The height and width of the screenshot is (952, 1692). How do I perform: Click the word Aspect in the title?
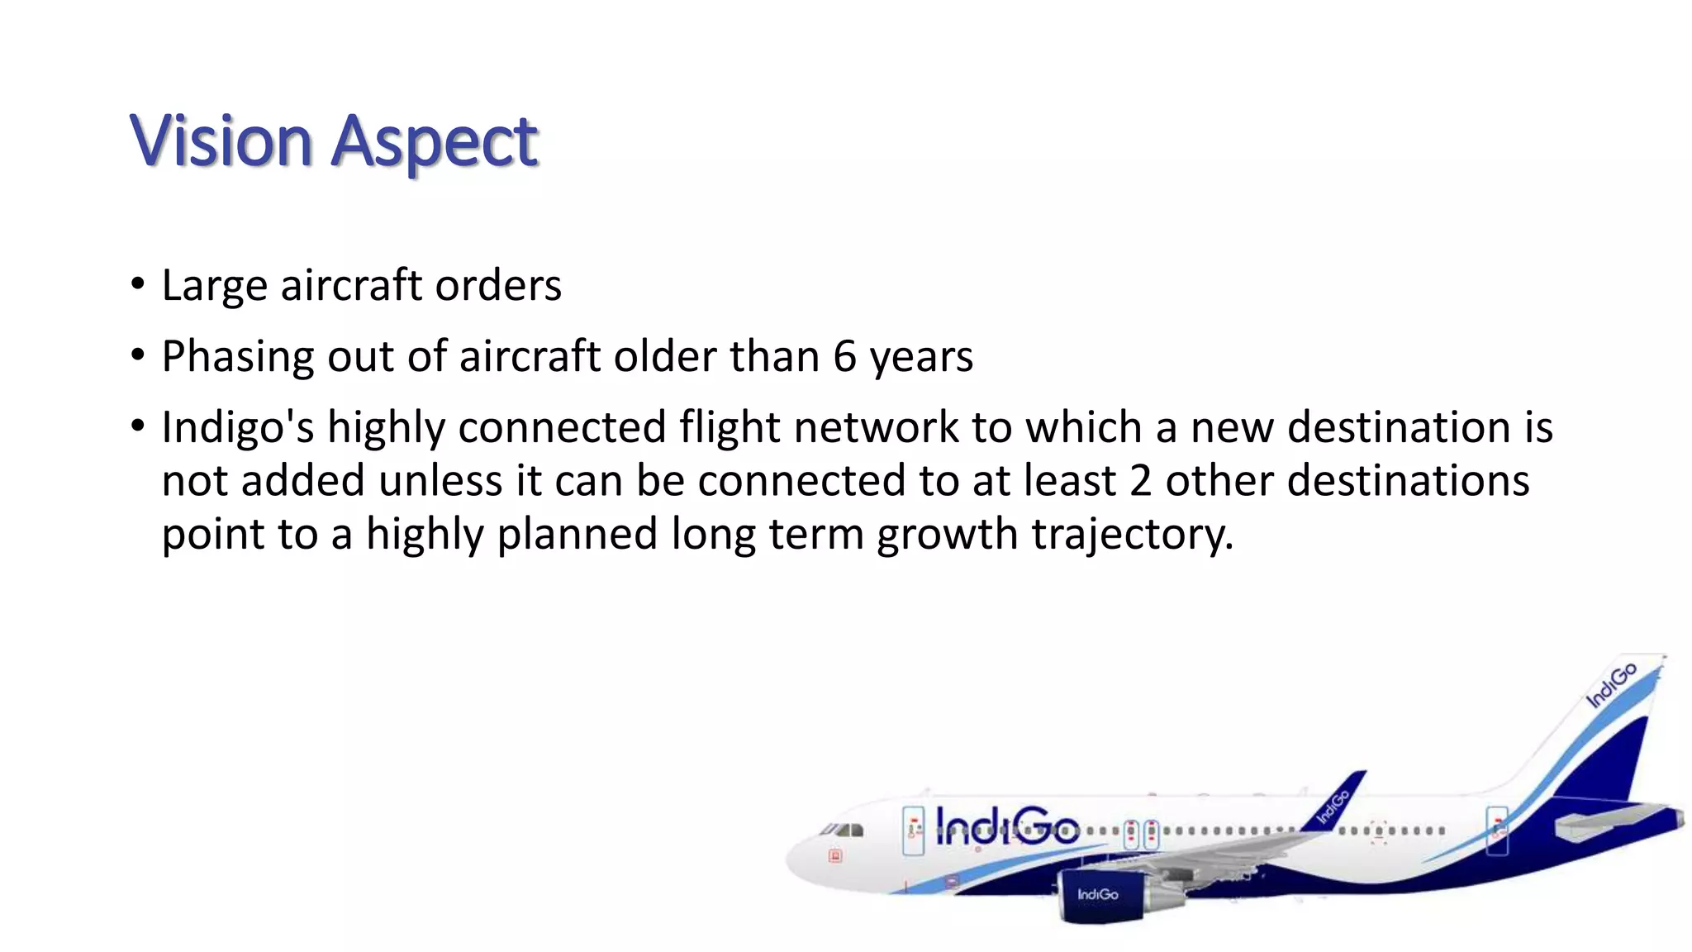[435, 142]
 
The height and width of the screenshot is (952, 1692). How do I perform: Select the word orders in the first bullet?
[498, 286]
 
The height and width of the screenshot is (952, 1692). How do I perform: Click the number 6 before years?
[844, 357]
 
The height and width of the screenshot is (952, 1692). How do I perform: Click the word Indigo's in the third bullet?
[238, 429]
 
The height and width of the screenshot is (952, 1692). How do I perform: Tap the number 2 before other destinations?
[1140, 481]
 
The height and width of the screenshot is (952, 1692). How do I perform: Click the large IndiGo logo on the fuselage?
[1007, 826]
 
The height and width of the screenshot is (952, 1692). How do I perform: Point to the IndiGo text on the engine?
[1097, 895]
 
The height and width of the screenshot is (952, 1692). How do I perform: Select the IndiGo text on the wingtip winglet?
[1333, 807]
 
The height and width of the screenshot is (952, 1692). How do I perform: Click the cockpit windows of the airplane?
[843, 830]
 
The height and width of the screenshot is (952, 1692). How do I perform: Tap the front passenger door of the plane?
[914, 831]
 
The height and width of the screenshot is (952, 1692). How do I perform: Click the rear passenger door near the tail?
[1497, 830]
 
